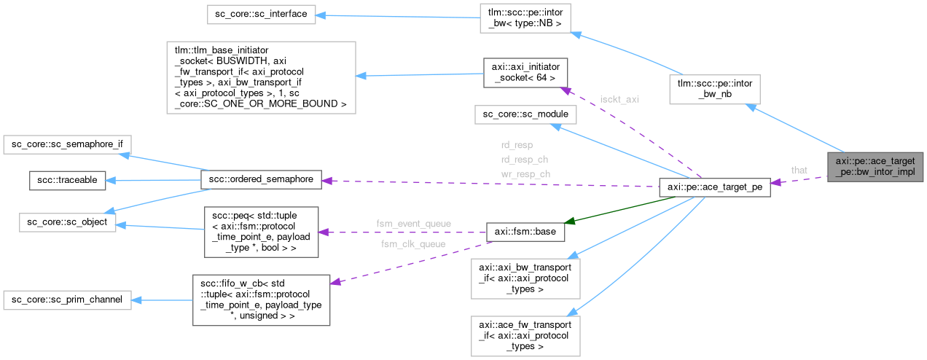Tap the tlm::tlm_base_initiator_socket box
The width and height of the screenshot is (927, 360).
tap(261, 77)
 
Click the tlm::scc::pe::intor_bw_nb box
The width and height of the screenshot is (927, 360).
tap(716, 90)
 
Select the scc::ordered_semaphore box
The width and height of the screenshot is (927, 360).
tap(261, 179)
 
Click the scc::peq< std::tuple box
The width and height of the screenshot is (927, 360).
tap(261, 231)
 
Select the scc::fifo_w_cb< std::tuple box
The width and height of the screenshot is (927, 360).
tap(261, 300)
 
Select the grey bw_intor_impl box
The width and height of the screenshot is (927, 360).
tap(875, 166)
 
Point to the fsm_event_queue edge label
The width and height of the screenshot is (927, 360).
tap(413, 223)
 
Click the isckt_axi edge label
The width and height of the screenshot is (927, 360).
tap(619, 98)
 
